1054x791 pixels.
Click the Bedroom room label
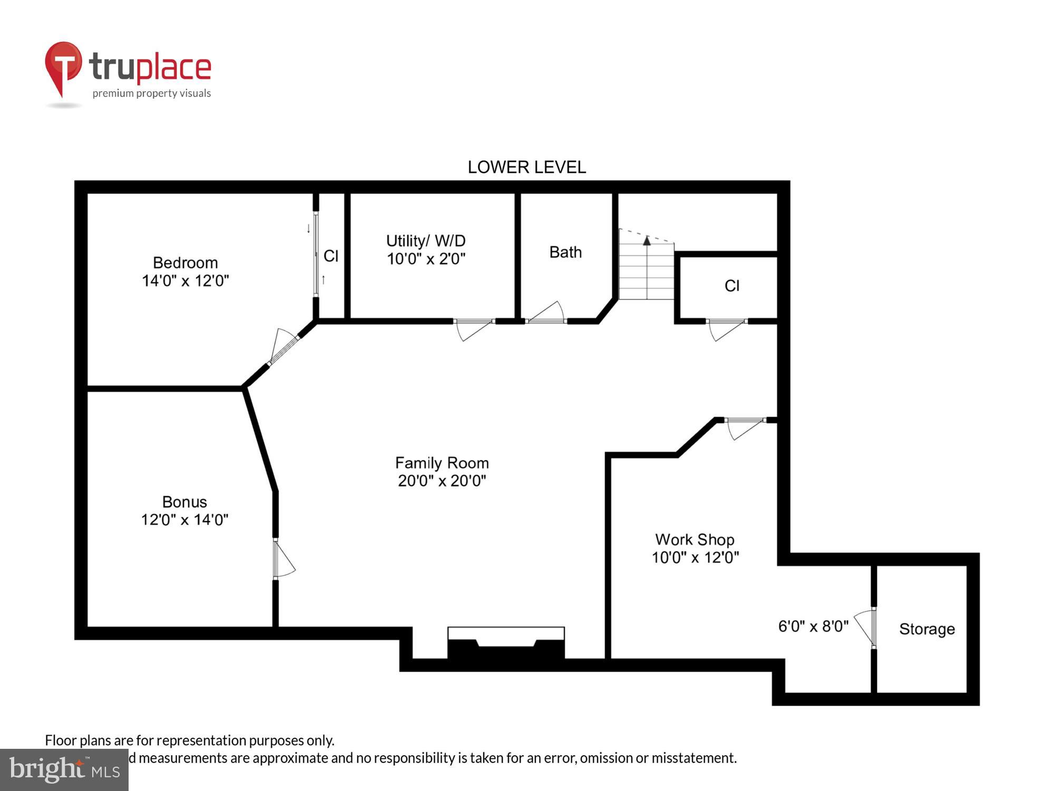pos(185,263)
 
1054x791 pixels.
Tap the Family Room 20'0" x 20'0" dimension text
pos(442,481)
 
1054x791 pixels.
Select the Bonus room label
pos(184,501)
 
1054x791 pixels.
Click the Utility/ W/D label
pos(426,241)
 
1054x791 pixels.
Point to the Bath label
pos(565,252)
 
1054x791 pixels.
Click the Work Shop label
pos(695,539)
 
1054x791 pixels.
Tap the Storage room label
pos(926,629)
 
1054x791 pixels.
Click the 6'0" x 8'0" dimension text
pos(813,626)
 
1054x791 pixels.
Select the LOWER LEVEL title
pos(526,167)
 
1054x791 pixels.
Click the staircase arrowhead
pos(647,241)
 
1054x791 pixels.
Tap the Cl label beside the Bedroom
pos(330,256)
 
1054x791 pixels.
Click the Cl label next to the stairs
pos(731,286)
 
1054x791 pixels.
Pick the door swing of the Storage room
pos(864,628)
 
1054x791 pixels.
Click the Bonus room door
pos(284,559)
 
